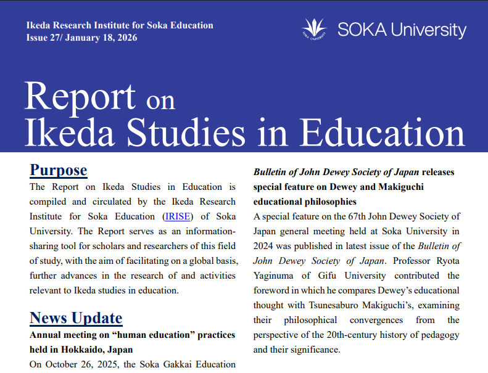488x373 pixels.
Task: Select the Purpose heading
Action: click(59, 170)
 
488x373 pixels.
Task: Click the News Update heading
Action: click(76, 318)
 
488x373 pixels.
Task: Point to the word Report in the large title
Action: click(80, 97)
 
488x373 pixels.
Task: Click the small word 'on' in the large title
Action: click(160, 100)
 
